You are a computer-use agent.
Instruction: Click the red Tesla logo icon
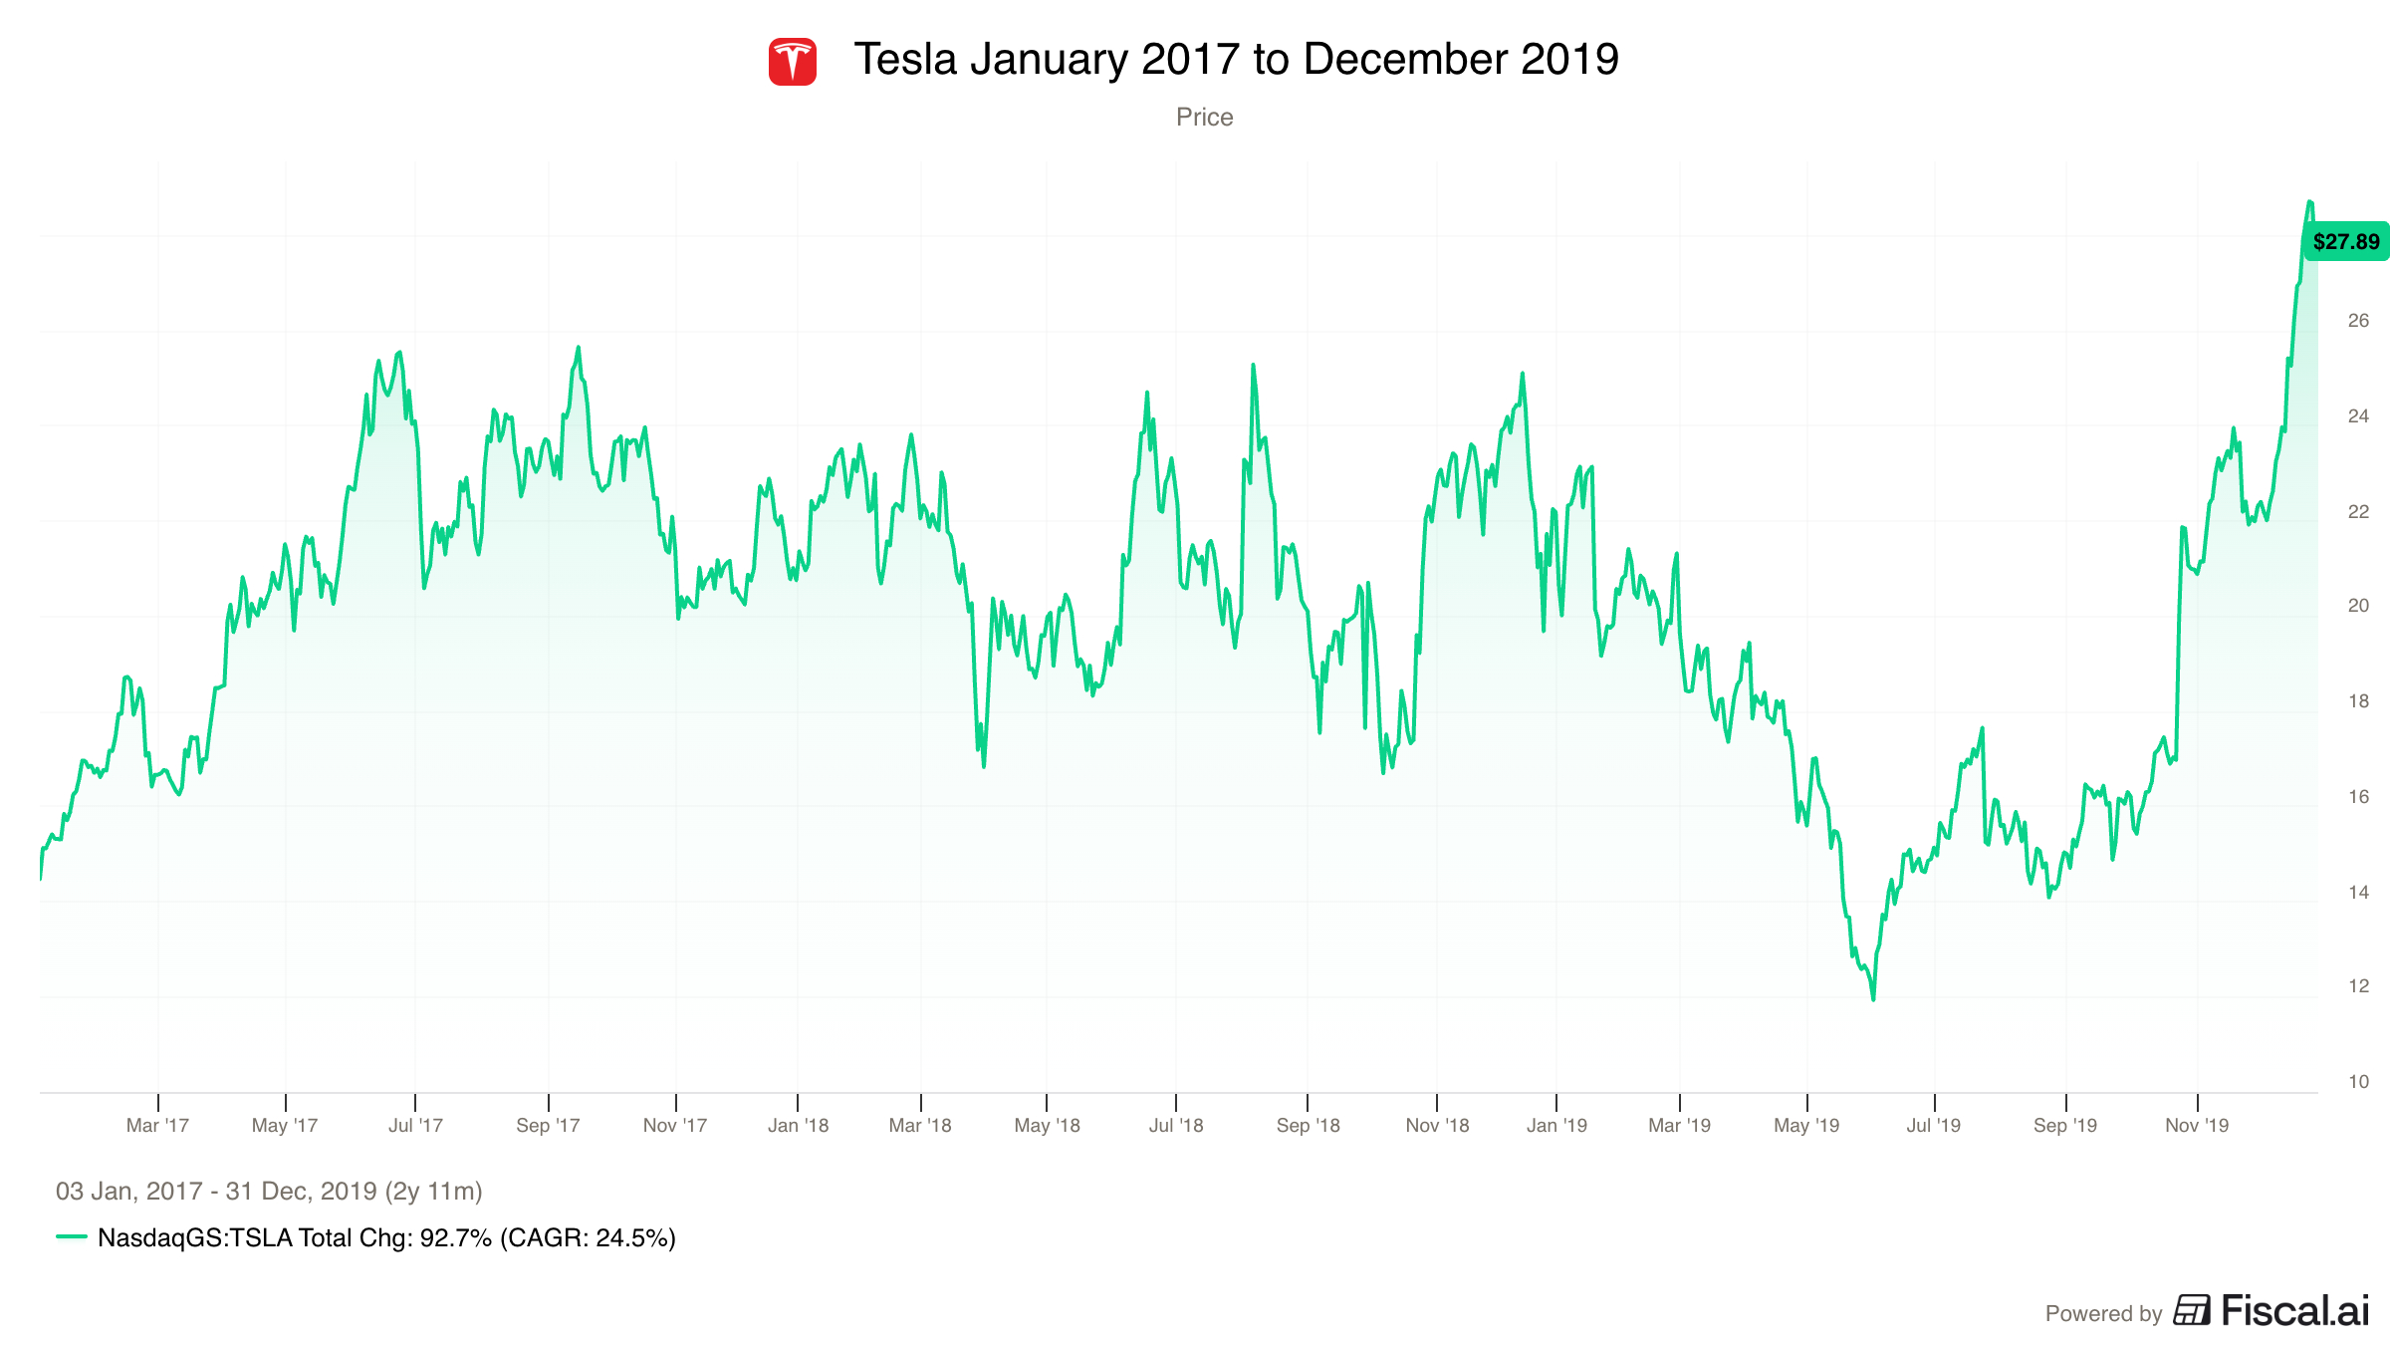coord(793,62)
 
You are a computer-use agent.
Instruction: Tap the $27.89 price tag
coord(2345,241)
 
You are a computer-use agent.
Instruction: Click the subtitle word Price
coord(1205,118)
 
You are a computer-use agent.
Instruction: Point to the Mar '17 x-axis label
coord(157,1125)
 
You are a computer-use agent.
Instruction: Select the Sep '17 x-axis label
coord(548,1125)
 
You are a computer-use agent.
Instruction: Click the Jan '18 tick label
coord(798,1125)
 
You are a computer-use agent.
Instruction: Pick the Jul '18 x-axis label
coord(1176,1125)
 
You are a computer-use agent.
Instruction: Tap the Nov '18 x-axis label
coord(1437,1125)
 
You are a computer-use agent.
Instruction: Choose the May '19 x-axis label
coord(1806,1125)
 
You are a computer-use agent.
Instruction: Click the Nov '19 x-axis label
coord(2197,1125)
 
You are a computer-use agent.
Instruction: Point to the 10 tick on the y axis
coord(2358,1081)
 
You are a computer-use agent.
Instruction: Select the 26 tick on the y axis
coord(2358,320)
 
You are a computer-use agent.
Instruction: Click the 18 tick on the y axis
coord(2358,700)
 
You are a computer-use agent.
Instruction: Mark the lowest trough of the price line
coord(1873,999)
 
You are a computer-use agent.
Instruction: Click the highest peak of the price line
coord(2309,202)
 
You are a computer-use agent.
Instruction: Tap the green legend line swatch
coord(72,1237)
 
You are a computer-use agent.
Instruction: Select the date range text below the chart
coord(269,1191)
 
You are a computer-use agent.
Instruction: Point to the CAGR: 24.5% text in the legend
coord(588,1237)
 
